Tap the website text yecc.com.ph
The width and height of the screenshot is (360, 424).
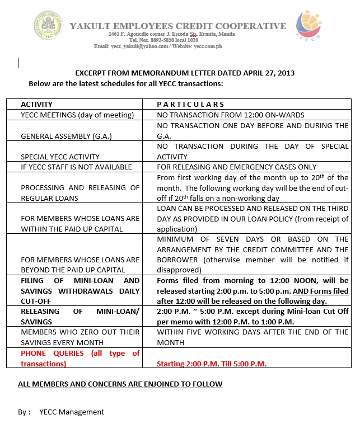(208, 46)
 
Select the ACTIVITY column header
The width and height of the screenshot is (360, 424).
(36, 105)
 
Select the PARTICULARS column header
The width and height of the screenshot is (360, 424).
(190, 105)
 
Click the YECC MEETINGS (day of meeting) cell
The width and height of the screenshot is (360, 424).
(77, 115)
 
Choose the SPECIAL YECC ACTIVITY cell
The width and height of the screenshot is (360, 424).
(60, 157)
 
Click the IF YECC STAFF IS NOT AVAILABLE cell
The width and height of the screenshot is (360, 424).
(76, 167)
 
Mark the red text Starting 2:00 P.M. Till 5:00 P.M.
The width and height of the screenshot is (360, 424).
(212, 364)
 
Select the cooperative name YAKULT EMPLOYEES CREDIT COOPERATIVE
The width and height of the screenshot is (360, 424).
(177, 26)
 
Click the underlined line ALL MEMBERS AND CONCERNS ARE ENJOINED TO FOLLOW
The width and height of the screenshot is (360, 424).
(120, 384)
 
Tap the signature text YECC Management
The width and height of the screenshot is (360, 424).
(72, 412)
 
